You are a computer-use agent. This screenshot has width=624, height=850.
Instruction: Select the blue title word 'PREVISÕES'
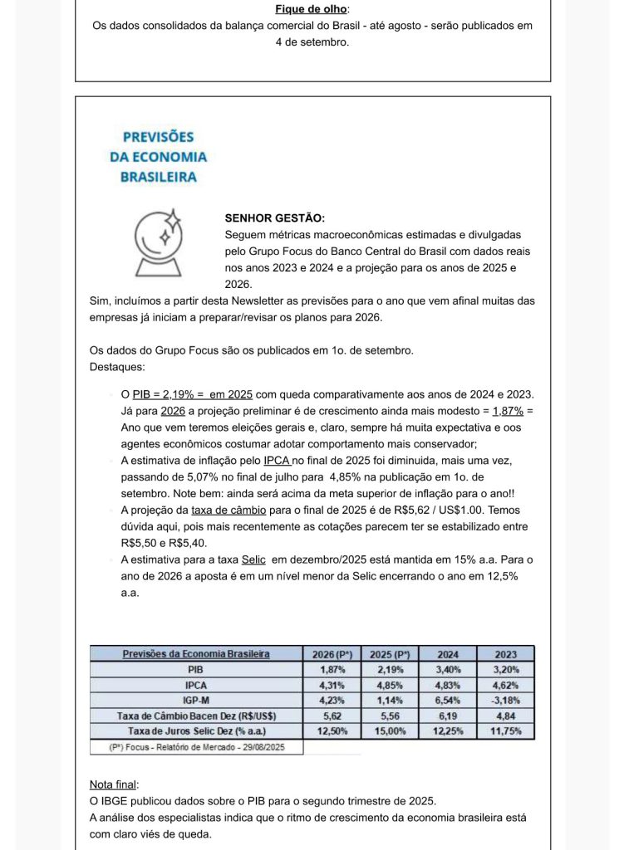click(158, 137)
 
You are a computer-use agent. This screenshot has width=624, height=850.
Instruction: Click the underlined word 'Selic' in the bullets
click(253, 559)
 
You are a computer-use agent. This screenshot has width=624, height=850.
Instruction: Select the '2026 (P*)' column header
click(332, 654)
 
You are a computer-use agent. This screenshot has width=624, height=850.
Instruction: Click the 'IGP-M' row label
click(196, 701)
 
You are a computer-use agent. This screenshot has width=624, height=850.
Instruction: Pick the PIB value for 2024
click(447, 669)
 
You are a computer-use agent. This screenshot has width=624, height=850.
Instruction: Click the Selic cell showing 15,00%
click(389, 730)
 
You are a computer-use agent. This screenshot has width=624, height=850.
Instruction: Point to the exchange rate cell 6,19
click(447, 716)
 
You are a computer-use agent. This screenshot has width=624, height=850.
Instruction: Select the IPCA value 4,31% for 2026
click(332, 685)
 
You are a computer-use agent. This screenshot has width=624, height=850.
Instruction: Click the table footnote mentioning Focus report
click(196, 747)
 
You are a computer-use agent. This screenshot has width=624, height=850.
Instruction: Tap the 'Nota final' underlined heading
click(114, 784)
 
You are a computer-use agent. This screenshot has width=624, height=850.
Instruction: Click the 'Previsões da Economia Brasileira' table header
click(196, 654)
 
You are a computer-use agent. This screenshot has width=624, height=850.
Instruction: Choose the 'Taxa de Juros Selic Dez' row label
click(196, 730)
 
